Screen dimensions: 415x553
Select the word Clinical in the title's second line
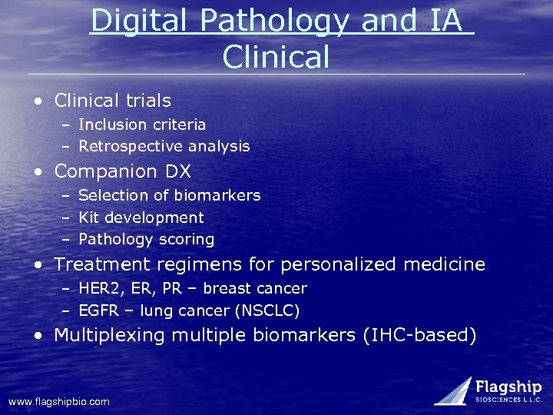point(276,57)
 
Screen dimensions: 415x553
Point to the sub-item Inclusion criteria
point(142,124)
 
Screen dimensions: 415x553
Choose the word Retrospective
point(127,146)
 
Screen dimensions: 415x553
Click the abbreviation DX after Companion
point(177,171)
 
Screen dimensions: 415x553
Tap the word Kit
point(89,218)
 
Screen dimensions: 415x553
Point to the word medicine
point(445,265)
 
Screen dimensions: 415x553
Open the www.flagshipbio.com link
point(59,402)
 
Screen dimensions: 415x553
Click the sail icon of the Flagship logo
point(453,390)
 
